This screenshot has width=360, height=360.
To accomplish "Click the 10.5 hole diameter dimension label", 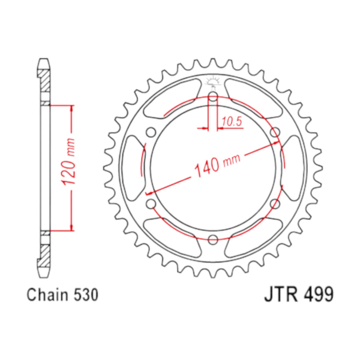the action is pyautogui.click(x=232, y=121).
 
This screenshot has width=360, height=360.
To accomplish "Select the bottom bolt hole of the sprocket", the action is pyautogui.click(x=213, y=239).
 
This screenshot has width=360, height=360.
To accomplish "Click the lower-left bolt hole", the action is pyautogui.click(x=151, y=204).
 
